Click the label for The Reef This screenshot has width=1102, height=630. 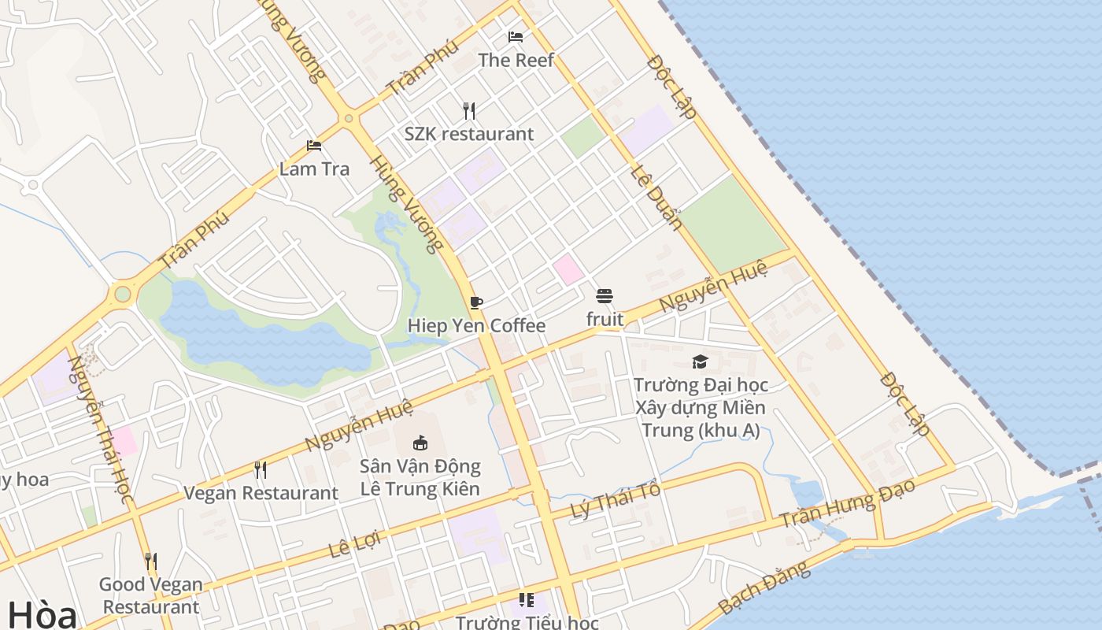tap(516, 60)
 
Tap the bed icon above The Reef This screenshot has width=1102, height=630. tap(516, 37)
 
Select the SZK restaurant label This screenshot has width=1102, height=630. tap(469, 134)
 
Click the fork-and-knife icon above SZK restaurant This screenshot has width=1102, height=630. tap(469, 110)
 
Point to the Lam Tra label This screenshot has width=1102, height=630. tap(314, 169)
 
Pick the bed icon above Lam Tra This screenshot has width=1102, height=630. tap(313, 146)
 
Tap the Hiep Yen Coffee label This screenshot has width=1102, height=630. tap(476, 325)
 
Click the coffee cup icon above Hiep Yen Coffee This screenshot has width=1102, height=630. tap(475, 302)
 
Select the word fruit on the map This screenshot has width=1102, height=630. tap(605, 319)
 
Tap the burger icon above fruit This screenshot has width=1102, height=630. tap(605, 296)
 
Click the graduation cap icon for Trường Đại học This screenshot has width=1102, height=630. tap(700, 361)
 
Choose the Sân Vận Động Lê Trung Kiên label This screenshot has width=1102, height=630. tap(420, 477)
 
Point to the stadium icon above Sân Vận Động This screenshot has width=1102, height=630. tap(420, 443)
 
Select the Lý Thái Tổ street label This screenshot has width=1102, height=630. tap(615, 498)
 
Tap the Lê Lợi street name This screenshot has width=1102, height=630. tap(354, 544)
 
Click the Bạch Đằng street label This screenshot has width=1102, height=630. tap(763, 587)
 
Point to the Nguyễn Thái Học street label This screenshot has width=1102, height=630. tap(99, 430)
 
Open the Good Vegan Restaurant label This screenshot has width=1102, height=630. tap(150, 595)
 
